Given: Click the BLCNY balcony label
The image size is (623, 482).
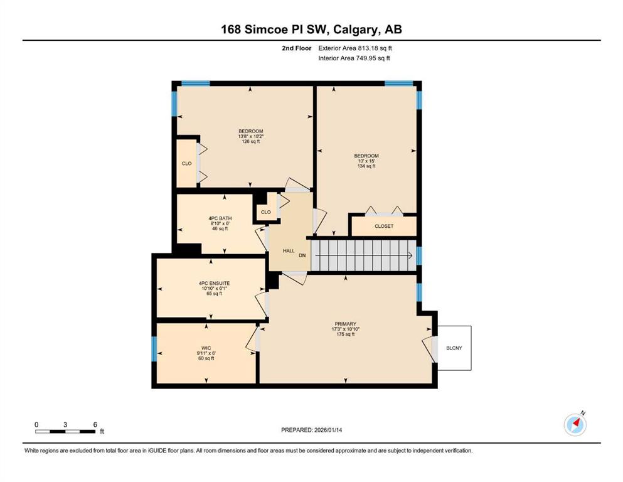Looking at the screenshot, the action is pos(454,348).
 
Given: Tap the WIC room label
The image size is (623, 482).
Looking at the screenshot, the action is pos(206,348).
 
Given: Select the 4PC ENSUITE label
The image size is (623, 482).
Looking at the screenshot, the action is pos(214,283).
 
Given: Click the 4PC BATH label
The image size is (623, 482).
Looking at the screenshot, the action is pos(220,218).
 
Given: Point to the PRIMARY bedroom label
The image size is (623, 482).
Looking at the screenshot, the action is pos(345,324).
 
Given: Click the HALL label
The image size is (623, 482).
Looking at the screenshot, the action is pos(289,251).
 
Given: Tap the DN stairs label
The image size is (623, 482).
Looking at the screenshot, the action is pos(302,255).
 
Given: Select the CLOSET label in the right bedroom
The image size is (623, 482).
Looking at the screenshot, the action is pos(384,226).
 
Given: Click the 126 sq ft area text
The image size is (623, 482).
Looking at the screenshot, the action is pos(251,141).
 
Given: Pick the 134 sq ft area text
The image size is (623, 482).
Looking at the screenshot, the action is pos(366,166).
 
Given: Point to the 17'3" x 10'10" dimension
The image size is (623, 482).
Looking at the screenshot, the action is pos(345,329).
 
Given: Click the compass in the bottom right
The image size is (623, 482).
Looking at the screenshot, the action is pos(575,424).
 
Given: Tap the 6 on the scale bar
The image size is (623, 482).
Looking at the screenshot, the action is pos(95,424).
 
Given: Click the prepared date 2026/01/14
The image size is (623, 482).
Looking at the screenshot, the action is pos(327,430).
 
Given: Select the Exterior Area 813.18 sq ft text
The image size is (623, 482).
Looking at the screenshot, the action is pos(355,48).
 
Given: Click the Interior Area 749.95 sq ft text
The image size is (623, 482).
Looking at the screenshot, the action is pos(354,58).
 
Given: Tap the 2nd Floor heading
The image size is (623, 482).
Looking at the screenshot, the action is pos(296,48).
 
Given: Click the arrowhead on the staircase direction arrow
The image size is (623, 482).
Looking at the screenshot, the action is pos(410,255).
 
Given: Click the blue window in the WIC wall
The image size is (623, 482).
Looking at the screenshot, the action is pos(154,349).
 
